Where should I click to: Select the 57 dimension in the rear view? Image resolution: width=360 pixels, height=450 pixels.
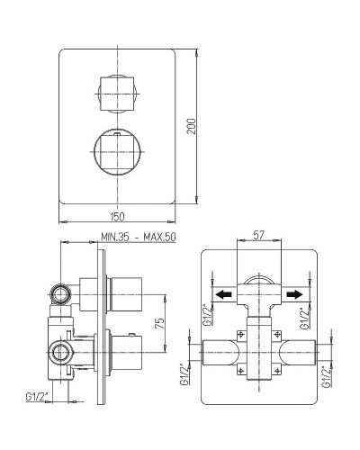(258, 236)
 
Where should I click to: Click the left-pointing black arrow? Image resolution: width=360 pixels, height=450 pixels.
(222, 293)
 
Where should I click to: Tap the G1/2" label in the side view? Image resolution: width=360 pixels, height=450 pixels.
(38, 395)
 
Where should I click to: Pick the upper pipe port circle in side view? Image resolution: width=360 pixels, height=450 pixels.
(62, 292)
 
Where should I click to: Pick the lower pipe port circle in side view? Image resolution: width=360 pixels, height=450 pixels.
(62, 353)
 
